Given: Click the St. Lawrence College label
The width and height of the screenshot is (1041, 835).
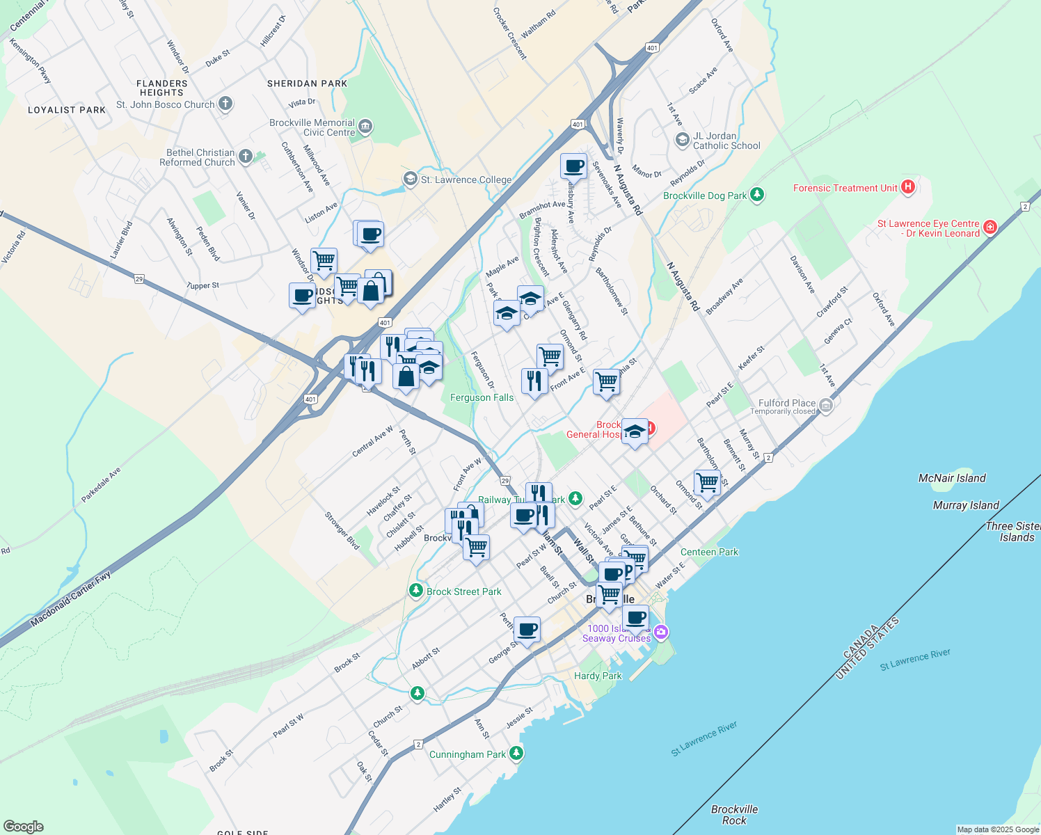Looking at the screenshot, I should click(466, 180).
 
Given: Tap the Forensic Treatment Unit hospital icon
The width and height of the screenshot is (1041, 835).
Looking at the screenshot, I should click(907, 187).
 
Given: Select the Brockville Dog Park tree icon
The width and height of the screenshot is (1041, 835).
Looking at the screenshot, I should click(758, 196).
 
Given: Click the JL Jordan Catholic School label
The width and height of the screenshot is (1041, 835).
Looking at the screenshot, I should click(726, 141).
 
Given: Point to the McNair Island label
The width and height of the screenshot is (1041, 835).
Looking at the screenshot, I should click(951, 478).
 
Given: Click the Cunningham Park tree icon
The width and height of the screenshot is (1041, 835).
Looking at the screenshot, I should click(516, 754).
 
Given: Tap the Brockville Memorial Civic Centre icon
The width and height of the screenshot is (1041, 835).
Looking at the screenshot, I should click(366, 127).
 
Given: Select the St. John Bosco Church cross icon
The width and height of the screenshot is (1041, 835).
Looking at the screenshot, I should click(225, 104).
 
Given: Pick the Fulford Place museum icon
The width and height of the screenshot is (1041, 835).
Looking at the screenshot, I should click(825, 405).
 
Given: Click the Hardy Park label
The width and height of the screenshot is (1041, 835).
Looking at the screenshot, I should click(598, 676).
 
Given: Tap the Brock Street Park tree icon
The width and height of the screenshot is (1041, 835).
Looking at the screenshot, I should click(416, 591).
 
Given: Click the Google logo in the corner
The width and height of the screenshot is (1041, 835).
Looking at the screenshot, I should click(23, 826).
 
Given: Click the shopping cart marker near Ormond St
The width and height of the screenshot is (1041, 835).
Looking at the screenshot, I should click(707, 482).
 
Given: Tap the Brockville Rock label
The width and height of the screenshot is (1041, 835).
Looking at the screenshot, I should click(734, 814).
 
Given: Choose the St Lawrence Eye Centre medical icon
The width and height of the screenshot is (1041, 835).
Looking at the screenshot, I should click(990, 227).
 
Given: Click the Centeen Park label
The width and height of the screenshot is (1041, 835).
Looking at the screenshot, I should click(709, 552).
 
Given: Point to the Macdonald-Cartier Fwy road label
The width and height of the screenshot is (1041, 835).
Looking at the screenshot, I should click(70, 599).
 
